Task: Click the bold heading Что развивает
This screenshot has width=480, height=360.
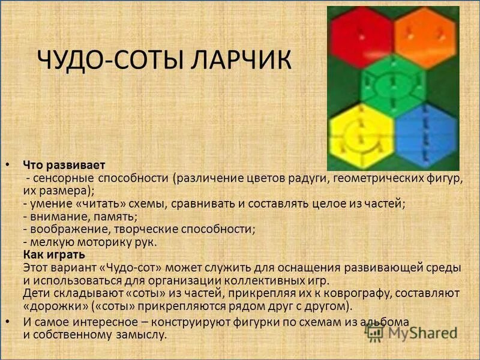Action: [x=64, y=164]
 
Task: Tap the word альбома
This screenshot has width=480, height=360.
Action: [x=388, y=322]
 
